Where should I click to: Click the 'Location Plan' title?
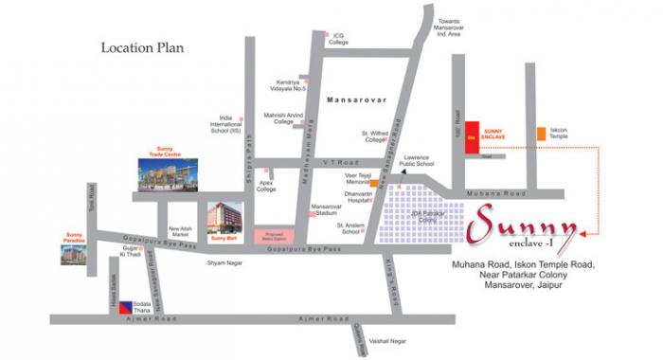[142, 46]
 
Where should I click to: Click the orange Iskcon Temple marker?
[541, 134]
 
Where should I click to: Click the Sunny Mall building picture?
[225, 220]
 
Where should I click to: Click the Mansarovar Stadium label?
[325, 209]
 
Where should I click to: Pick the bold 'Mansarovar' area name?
[352, 99]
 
